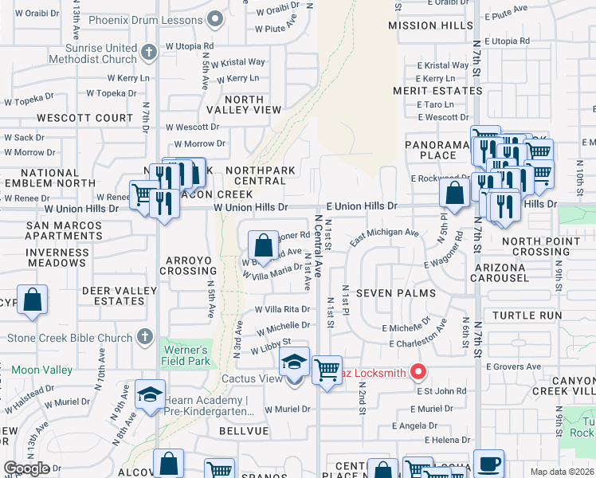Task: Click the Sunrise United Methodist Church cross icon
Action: (148, 53)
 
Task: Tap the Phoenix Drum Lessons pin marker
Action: (213, 19)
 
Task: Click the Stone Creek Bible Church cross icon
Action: (144, 337)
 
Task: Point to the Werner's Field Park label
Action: (186, 356)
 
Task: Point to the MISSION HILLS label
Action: (430, 26)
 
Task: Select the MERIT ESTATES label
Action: (437, 91)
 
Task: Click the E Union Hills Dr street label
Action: (361, 206)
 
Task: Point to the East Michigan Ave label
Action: (384, 233)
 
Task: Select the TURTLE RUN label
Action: (527, 315)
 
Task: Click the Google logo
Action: (27, 468)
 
